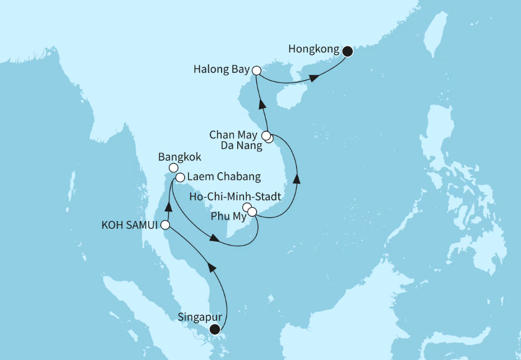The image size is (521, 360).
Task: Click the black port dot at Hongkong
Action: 348,52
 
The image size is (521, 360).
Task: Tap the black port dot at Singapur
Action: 214,330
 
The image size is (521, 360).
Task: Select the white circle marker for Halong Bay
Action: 256,71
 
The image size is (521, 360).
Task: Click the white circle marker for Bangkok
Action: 174,168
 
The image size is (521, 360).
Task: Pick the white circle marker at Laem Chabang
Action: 180,178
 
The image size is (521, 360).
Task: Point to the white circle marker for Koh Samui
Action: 165,225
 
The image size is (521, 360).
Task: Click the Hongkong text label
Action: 313,49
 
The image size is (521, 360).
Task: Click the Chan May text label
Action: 233,135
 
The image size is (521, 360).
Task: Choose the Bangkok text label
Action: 179,156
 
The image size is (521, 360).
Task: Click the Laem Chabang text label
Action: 224,178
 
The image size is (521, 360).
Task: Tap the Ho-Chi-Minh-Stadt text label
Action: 235,197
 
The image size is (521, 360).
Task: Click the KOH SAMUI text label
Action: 130,225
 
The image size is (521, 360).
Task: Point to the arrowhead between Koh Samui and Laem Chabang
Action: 167,208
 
